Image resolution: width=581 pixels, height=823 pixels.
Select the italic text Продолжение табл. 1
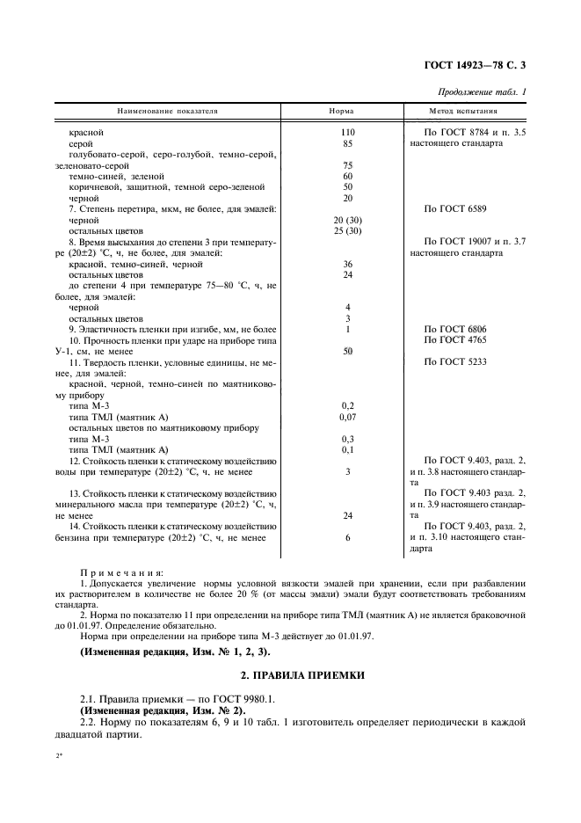pos(487,92)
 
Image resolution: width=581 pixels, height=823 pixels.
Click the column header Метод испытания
pos(463,112)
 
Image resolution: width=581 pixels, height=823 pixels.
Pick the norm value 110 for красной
pos(348,132)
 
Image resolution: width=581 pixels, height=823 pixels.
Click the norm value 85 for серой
pos(348,142)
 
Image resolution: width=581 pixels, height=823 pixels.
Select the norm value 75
pos(348,164)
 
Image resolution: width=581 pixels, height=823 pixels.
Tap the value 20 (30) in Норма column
pos(348,219)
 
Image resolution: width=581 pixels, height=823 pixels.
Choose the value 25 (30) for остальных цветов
pos(348,230)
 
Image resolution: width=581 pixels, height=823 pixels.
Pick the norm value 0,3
pos(348,439)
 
